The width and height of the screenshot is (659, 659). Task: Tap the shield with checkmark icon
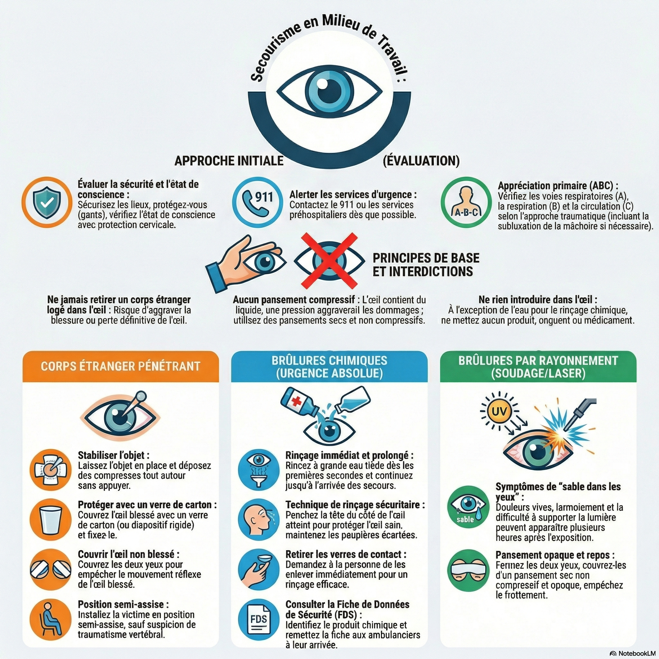click(x=47, y=202)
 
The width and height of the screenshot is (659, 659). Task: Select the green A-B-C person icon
click(x=466, y=202)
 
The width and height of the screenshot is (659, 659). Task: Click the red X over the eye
click(x=329, y=261)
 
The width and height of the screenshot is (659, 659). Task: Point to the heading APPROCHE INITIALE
click(x=229, y=161)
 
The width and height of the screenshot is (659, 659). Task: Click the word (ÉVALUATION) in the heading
click(x=421, y=161)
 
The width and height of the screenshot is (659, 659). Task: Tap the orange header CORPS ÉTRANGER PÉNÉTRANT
click(x=120, y=366)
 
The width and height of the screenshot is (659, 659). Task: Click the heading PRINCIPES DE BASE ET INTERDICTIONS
click(x=426, y=265)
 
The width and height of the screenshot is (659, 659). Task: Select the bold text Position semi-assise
click(x=123, y=604)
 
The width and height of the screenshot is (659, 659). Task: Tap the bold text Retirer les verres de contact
click(x=346, y=554)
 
